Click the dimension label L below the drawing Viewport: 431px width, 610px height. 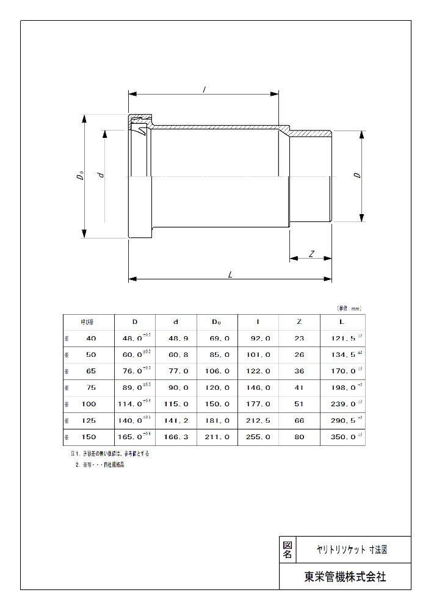click(230, 274)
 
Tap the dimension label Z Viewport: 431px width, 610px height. click(311, 253)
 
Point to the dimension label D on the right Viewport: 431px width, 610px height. click(357, 175)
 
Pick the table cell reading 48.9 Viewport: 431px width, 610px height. click(176, 338)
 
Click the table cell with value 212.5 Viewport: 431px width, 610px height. click(259, 420)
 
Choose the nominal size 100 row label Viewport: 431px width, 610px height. click(89, 404)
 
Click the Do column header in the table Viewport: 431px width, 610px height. click(217, 321)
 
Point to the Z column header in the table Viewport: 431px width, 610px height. click(300, 321)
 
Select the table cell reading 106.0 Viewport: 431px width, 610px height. click(218, 371)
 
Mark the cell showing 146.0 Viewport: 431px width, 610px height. click(259, 387)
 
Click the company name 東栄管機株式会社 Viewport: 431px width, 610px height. click(345, 576)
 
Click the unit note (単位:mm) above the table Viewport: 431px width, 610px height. click(350, 309)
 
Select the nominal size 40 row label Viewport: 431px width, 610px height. click(91, 338)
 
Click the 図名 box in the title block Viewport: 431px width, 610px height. click(288, 550)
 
